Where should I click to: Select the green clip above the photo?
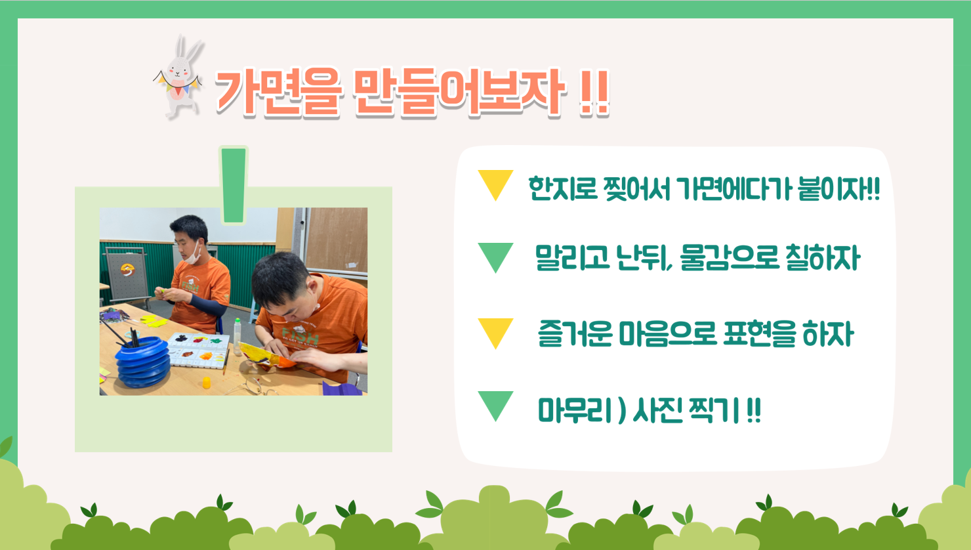234,185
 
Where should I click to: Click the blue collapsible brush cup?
141,362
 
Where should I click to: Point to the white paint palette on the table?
199,350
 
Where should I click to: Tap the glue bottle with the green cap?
237,336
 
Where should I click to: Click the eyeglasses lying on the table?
251,386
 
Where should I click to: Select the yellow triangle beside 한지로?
495,184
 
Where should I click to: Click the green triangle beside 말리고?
495,257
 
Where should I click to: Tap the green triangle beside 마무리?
495,406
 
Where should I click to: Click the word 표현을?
759,333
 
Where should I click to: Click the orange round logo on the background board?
127,269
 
